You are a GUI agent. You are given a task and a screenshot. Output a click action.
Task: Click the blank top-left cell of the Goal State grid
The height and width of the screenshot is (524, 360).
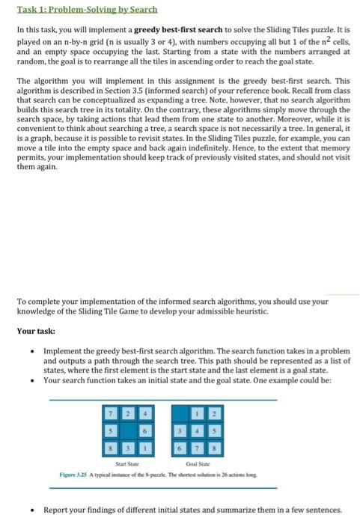[x=181, y=412]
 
